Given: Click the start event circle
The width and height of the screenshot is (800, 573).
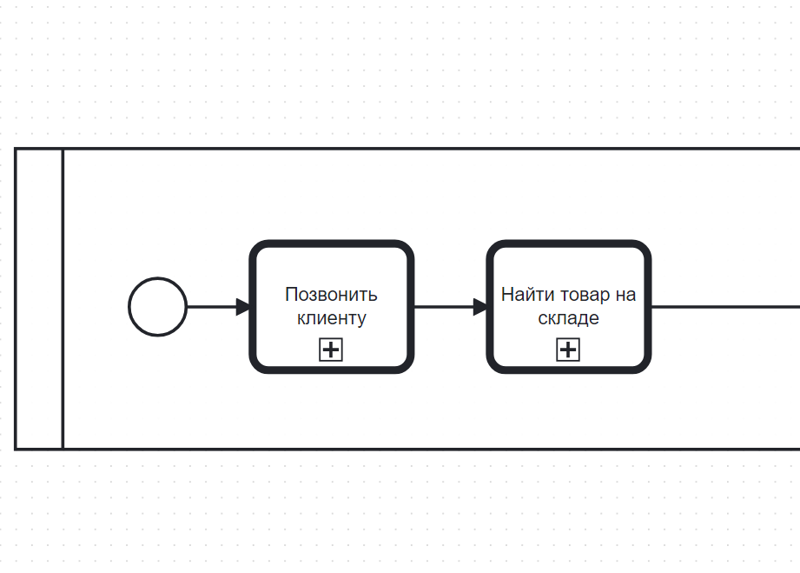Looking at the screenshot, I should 157,306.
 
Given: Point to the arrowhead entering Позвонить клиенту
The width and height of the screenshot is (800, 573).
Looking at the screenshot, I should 243,306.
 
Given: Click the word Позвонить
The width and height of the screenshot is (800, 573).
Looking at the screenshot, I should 331,295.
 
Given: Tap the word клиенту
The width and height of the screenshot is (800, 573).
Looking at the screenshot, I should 331,318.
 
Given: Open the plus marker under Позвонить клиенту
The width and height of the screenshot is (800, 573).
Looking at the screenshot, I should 331,350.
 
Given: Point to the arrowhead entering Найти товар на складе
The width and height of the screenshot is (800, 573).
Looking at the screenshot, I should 480,306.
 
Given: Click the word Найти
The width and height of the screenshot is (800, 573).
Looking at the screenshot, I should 523,295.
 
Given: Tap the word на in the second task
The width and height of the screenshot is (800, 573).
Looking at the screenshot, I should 625,295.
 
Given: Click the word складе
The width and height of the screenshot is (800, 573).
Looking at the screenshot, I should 568,318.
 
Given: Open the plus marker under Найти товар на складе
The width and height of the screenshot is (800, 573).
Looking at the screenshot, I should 568,350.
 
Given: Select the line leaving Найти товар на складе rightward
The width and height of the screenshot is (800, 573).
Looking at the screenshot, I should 725,306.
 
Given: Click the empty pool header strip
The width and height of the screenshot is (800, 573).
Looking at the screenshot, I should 39,298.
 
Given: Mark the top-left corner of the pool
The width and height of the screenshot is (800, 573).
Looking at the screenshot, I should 16,149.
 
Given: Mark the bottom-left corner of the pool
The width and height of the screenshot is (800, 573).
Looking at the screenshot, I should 16,449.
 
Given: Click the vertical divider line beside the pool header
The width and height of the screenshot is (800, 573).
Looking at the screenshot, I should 63,298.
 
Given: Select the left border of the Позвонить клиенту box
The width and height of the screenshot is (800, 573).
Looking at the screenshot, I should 253,306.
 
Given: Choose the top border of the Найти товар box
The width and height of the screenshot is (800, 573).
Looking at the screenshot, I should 568,244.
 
